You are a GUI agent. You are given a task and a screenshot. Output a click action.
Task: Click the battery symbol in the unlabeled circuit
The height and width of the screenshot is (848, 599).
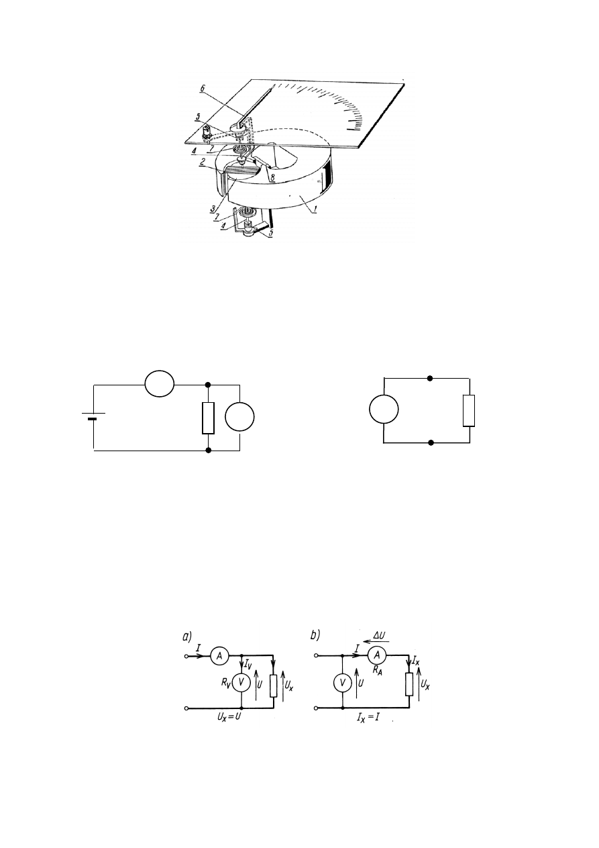93,418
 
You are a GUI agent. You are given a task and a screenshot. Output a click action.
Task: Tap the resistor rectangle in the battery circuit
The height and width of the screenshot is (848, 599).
208,418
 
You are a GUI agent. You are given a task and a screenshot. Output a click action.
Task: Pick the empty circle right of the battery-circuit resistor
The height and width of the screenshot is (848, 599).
239,418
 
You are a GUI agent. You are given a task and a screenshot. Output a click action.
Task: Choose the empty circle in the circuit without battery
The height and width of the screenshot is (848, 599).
384,410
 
